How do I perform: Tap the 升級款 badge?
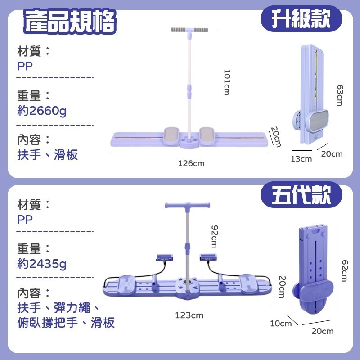[301, 19]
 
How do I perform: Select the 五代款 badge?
[301, 195]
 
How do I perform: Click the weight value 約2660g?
[42, 110]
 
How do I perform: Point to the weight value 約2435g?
[42, 263]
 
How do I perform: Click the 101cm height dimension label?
[227, 82]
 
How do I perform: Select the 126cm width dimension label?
[191, 163]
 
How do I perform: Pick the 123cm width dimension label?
[189, 315]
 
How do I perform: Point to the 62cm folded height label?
[344, 270]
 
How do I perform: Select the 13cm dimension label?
[301, 158]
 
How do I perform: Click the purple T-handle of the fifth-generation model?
[188, 207]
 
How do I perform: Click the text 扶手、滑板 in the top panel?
[48, 155]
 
